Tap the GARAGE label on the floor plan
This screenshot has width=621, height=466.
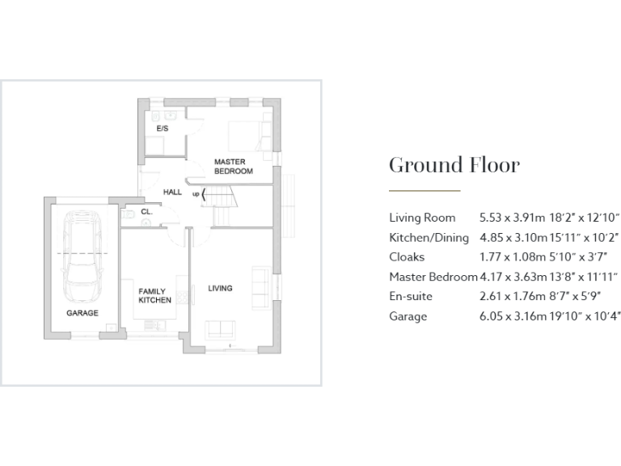click(x=82, y=312)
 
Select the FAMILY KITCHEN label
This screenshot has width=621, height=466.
click(x=154, y=295)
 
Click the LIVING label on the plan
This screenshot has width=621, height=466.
click(x=220, y=288)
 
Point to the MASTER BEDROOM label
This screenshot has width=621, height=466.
click(x=233, y=167)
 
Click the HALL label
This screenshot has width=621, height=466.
click(x=172, y=193)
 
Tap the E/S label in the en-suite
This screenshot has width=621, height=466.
click(x=162, y=129)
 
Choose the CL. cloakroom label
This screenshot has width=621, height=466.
click(x=146, y=212)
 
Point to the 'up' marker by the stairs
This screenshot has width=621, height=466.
click(x=196, y=194)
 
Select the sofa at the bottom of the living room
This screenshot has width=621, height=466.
click(x=221, y=329)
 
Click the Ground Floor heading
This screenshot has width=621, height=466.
click(x=454, y=165)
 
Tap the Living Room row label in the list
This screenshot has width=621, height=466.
click(x=422, y=218)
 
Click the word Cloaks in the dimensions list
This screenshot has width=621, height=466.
click(x=408, y=257)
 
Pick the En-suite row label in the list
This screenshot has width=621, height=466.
click(x=412, y=297)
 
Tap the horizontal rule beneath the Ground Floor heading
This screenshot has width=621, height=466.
click(x=425, y=191)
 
